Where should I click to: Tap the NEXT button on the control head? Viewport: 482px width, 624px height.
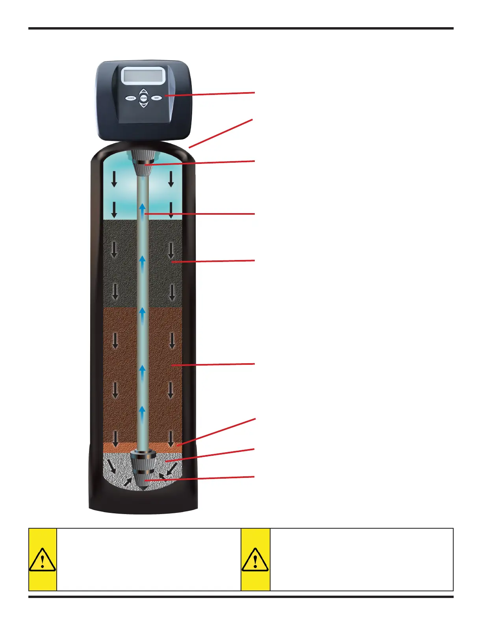click(156, 98)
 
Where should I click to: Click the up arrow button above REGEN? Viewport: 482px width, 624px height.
click(144, 91)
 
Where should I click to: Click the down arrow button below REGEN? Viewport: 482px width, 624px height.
click(144, 105)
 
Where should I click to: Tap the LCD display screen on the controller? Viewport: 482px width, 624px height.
click(143, 76)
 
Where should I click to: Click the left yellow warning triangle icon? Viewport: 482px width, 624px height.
click(42, 560)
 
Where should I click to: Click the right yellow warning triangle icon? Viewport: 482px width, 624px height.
click(255, 560)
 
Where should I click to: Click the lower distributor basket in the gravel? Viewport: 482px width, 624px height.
click(144, 473)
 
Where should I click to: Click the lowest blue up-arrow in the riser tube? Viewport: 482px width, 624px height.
click(143, 414)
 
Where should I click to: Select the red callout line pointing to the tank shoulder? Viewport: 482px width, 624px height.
click(221, 133)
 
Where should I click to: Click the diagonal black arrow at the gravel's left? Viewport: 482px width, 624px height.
click(113, 467)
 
